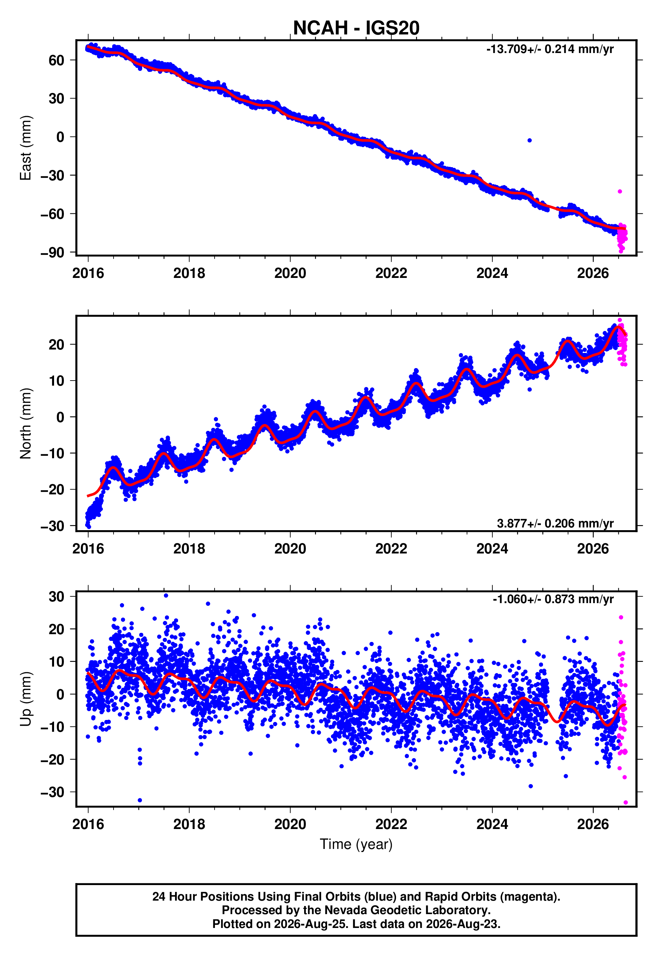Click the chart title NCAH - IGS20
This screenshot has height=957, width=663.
[356, 28]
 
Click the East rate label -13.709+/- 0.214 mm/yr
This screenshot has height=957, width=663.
[550, 49]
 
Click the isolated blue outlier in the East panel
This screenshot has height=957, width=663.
[529, 140]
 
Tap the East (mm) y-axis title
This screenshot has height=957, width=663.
[26, 148]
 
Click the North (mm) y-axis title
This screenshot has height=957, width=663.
[26, 423]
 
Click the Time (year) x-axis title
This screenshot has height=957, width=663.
[356, 844]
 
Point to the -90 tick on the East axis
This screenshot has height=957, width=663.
[52, 252]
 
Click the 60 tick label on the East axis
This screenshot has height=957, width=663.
[56, 60]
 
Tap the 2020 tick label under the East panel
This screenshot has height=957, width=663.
[290, 273]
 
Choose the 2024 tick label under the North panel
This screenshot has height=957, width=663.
[492, 549]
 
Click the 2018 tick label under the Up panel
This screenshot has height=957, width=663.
[189, 824]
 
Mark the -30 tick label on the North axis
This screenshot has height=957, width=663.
[52, 526]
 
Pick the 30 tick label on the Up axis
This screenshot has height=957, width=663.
[56, 597]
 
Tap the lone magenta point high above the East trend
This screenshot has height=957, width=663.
[620, 191]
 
